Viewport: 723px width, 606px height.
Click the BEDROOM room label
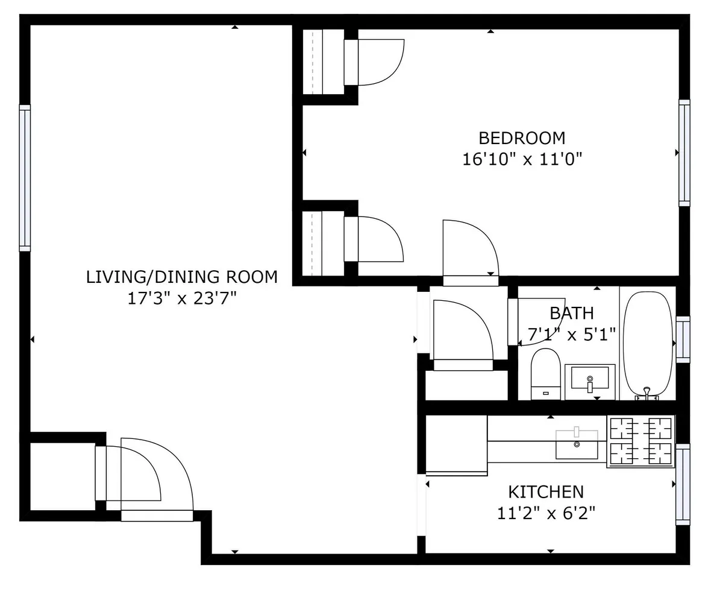(x=522, y=138)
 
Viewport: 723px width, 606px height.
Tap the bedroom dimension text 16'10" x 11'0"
(x=522, y=159)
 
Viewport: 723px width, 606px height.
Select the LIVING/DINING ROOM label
(x=182, y=277)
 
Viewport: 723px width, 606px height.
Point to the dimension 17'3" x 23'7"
(x=182, y=298)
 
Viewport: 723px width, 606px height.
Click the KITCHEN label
(x=546, y=492)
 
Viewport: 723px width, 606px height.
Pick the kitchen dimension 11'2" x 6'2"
(x=546, y=513)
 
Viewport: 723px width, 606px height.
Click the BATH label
(x=571, y=313)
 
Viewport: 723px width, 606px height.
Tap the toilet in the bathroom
(x=545, y=374)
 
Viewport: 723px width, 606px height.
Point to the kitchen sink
(x=577, y=444)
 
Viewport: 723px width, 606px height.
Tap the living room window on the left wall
(x=25, y=178)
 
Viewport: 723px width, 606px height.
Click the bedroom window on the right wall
(x=684, y=153)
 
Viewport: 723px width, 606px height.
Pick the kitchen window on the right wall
(x=683, y=485)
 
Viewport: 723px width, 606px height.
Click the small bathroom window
(x=683, y=339)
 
